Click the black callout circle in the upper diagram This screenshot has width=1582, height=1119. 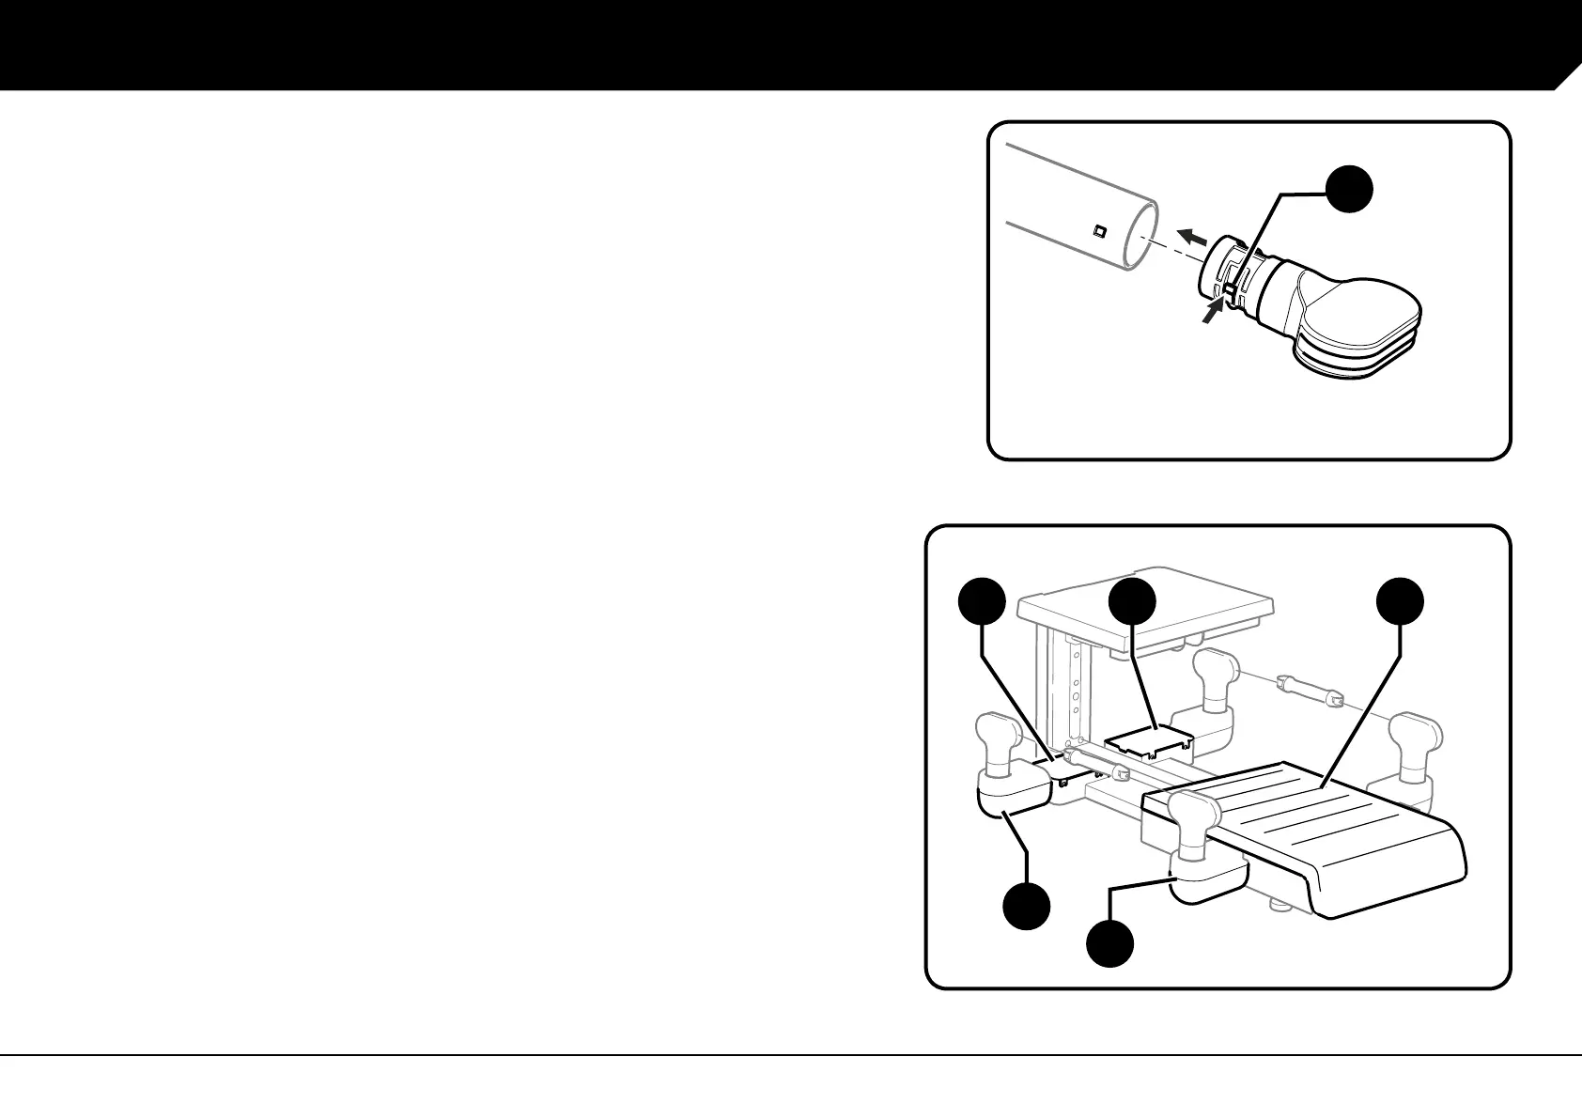click(1350, 188)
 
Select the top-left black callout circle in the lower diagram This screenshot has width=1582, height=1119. click(983, 602)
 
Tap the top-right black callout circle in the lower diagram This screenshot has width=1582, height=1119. click(1401, 602)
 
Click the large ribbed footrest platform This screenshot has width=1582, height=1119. click(1315, 827)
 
